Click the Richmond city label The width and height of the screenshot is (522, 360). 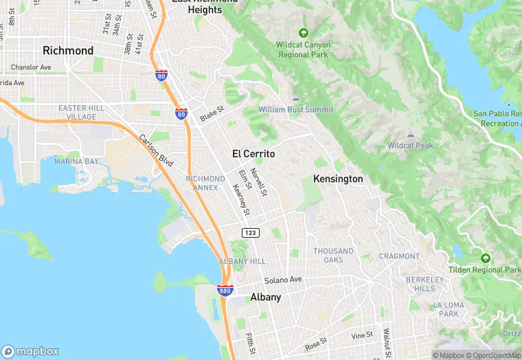click(x=68, y=51)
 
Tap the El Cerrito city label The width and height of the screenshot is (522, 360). click(x=253, y=154)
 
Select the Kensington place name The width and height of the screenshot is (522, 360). click(x=338, y=179)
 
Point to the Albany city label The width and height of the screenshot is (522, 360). click(x=265, y=297)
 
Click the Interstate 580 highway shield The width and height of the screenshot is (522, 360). click(x=225, y=291)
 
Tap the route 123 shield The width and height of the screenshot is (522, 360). click(x=250, y=234)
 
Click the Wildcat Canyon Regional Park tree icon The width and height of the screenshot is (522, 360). click(x=304, y=32)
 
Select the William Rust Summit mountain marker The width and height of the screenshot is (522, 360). click(x=296, y=98)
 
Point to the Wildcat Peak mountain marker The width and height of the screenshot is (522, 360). click(x=410, y=134)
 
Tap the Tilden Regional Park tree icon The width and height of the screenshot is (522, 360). click(x=486, y=258)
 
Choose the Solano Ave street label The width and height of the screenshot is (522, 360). click(x=284, y=280)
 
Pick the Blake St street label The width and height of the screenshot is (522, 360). click(x=212, y=114)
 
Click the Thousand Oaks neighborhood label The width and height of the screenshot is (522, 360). click(x=334, y=256)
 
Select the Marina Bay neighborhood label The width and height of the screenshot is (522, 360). click(x=76, y=161)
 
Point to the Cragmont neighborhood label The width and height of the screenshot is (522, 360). click(x=399, y=256)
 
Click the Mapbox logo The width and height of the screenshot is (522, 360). click(x=30, y=351)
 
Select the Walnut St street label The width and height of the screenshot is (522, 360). click(x=387, y=340)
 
